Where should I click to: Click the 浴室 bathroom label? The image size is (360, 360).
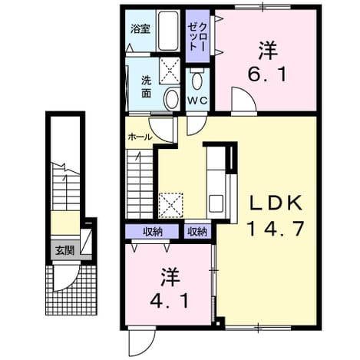coord(140,29)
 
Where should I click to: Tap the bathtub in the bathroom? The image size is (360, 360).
coord(167,31)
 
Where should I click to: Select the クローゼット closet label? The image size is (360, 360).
coord(197,35)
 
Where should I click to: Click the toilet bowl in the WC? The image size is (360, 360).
coord(197,79)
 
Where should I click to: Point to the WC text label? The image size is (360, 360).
coord(197,101)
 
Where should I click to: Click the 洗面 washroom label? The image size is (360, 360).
coord(147,88)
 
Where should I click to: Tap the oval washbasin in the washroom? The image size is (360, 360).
coord(172,99)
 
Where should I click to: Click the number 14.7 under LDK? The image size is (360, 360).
coord(275,229)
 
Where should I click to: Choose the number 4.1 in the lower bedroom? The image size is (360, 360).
coord(170,301)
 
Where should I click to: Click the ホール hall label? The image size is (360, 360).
coord(140,137)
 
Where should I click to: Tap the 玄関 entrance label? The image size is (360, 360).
coord(65,251)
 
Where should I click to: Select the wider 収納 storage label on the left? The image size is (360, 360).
coord(153,232)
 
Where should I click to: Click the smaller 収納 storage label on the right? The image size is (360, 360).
coord(197,232)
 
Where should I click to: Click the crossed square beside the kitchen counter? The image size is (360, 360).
coord(170,206)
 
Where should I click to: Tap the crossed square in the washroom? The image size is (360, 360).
coord(170,71)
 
